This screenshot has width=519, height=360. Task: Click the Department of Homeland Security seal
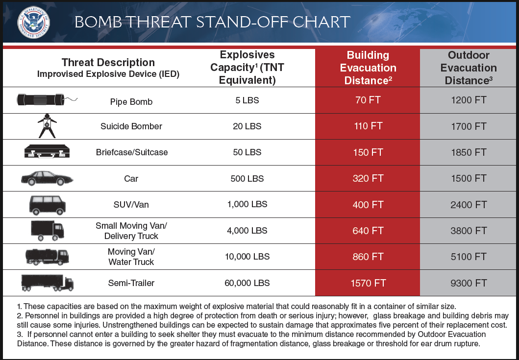point(33,22)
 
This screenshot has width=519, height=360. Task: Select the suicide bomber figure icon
point(47,125)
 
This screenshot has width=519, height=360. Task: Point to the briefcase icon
point(47,152)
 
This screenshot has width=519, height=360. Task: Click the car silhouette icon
point(47,178)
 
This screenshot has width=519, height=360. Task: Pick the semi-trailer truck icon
point(47,282)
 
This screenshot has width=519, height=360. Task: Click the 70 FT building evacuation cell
point(367,100)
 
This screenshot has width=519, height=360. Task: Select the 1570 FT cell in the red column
point(367,283)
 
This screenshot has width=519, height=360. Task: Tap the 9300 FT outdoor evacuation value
point(469,283)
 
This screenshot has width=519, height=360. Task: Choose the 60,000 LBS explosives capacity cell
point(247,283)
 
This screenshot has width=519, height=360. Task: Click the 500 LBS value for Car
point(247,179)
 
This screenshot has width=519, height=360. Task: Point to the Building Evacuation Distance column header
point(367,68)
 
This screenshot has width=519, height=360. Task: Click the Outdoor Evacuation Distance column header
point(469,68)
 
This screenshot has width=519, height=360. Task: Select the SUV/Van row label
point(131,205)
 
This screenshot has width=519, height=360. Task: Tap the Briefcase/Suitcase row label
point(131,152)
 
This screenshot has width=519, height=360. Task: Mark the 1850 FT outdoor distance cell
point(469,152)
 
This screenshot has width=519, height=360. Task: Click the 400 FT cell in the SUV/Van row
point(367,205)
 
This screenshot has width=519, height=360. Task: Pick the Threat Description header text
point(108,63)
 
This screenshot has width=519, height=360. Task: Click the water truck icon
point(47,256)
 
